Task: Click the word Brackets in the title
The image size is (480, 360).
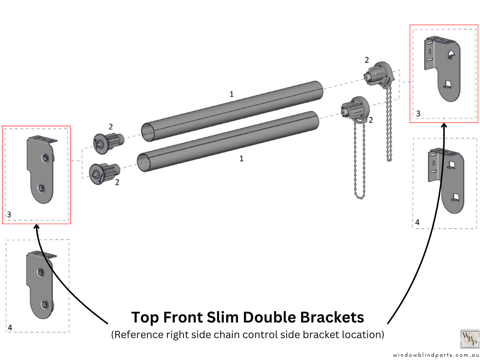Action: click(x=332, y=317)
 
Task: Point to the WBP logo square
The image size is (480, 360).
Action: click(x=470, y=339)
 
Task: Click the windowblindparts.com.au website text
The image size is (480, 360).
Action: click(x=436, y=355)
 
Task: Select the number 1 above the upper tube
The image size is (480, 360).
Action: click(x=232, y=94)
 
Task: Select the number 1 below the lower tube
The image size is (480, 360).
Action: click(x=241, y=159)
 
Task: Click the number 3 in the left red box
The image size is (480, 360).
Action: click(x=9, y=215)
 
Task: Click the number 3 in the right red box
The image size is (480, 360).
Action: click(x=418, y=114)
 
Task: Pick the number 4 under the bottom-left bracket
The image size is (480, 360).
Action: click(x=10, y=327)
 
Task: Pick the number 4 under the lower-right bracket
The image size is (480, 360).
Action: click(x=418, y=222)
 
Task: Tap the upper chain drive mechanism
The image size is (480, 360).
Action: click(x=379, y=74)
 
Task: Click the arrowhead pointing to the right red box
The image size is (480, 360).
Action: click(x=444, y=125)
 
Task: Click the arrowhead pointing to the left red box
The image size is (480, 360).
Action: click(x=37, y=226)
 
